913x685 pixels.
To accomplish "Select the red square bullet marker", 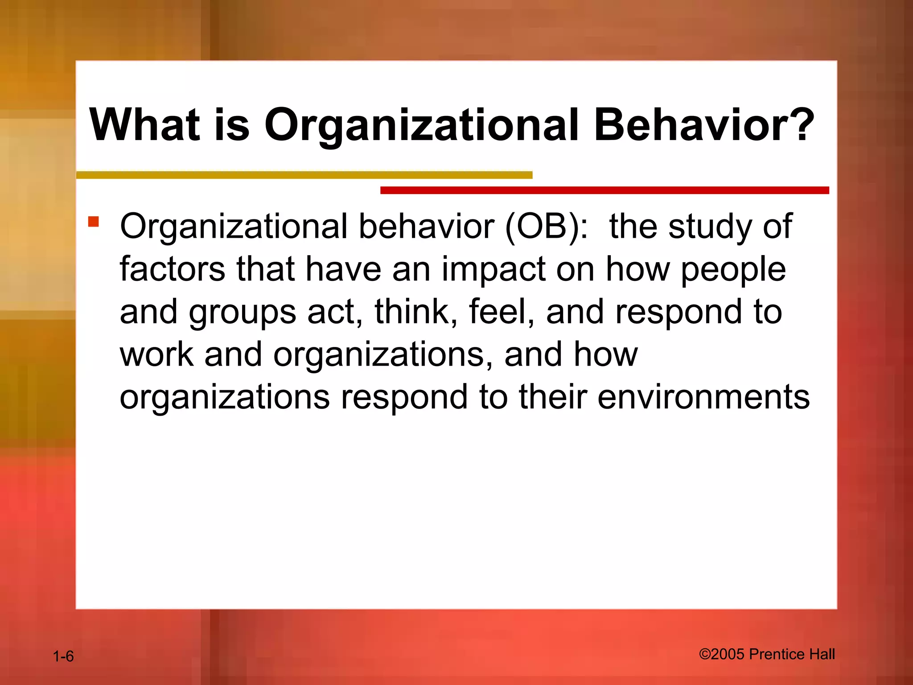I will pos(93,222).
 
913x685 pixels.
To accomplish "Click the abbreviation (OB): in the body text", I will pos(547,227).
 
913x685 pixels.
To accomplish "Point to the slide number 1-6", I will pos(63,656).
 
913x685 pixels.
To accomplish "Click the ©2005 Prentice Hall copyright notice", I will pos(767,654).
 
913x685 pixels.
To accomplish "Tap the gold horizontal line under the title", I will pos(304,175).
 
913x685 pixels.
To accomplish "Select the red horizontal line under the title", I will pos(604,190).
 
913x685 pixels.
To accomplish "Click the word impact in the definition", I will pos(494,269).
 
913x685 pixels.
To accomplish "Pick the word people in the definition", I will pos(733,269).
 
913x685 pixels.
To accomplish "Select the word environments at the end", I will pos(703,397).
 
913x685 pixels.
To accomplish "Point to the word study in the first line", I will pos(711,227).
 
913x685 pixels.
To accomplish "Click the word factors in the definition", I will pos(173,269).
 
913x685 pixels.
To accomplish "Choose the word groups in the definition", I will pos(242,312).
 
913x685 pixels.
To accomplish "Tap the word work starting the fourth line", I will pos(156,355).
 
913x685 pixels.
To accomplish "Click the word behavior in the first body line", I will pos(426,227).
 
